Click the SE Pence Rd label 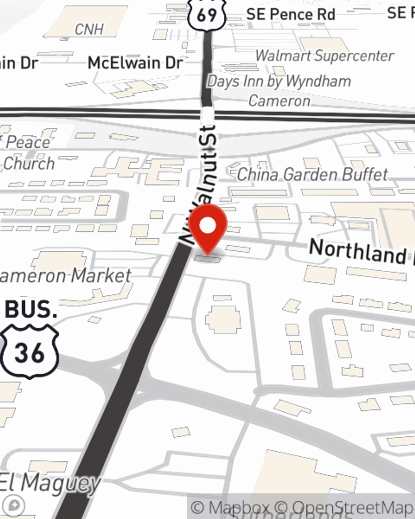click(x=290, y=15)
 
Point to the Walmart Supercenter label click(x=325, y=56)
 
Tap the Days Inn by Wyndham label click(x=279, y=81)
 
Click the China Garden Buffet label click(x=312, y=175)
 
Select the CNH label click(x=89, y=29)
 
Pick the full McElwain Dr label click(x=135, y=63)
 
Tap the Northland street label click(x=357, y=252)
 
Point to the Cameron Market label click(x=66, y=276)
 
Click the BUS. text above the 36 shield click(x=31, y=309)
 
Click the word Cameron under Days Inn click(x=279, y=101)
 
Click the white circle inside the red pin click(x=208, y=226)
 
